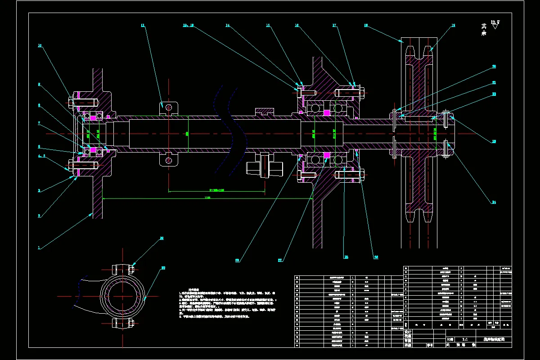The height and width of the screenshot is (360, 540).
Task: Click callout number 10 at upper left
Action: (40, 45)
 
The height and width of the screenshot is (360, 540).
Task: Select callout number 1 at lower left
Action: (39, 247)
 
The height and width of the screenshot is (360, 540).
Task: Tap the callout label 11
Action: (143, 26)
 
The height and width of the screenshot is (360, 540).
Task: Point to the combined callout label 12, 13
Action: (188, 26)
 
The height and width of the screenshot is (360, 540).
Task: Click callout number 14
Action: (228, 26)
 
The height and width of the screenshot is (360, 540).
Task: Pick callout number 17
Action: (334, 26)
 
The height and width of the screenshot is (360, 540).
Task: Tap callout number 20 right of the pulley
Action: (494, 67)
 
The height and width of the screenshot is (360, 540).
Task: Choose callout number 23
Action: (494, 142)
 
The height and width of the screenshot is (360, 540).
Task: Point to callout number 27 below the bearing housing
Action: (280, 260)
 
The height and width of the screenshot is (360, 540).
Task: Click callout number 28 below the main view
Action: (346, 257)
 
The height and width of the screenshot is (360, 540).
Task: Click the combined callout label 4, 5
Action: (41, 156)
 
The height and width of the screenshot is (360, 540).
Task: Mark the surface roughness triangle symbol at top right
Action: (495, 26)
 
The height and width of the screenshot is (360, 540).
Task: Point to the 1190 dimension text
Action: (207, 197)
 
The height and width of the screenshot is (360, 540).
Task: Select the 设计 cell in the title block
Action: (408, 331)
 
